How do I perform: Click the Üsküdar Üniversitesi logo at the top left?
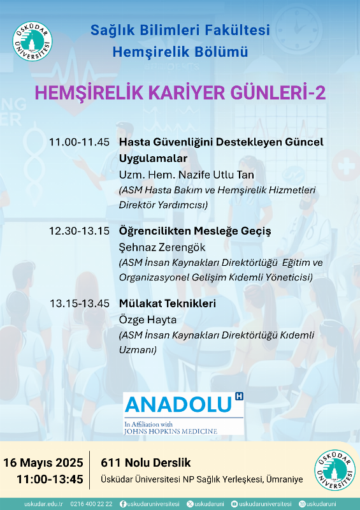[x=32, y=41]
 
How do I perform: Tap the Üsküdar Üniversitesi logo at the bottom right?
[x=335, y=470]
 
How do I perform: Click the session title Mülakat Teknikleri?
[x=167, y=303]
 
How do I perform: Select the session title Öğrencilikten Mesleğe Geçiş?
[x=195, y=231]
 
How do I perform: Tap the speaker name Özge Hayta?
[x=147, y=319]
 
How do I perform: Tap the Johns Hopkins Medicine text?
[x=171, y=431]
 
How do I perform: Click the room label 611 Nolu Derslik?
[x=146, y=462]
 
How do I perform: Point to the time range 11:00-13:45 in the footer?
[x=50, y=479]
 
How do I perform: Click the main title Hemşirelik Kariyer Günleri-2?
[x=180, y=93]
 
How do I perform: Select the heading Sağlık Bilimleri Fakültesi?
[x=180, y=30]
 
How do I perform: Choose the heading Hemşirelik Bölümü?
[x=180, y=52]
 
